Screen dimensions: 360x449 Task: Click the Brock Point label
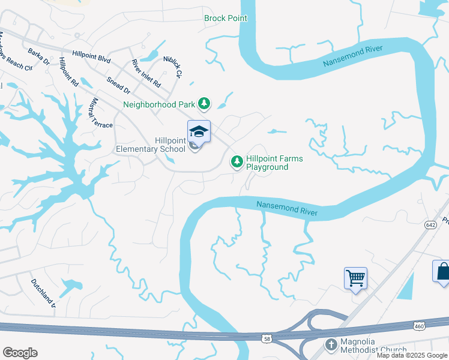(226, 19)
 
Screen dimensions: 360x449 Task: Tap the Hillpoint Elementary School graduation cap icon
(199, 131)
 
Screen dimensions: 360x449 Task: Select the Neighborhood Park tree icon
(204, 104)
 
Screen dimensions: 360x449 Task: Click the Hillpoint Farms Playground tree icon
(237, 161)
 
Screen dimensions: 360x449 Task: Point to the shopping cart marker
(355, 278)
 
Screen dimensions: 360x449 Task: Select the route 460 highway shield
(419, 325)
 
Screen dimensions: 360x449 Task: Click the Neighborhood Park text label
(159, 104)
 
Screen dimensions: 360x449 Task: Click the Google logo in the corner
(20, 353)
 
